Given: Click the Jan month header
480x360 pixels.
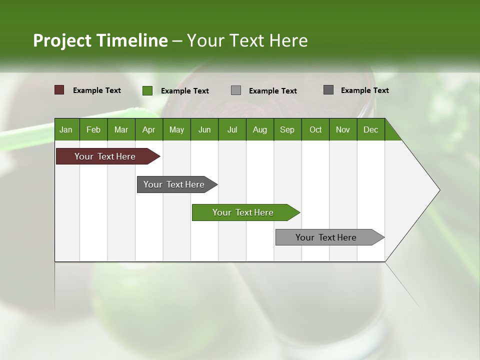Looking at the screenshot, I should [x=66, y=129].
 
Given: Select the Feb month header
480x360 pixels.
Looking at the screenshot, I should [x=93, y=129].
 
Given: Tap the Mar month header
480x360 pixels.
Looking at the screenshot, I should [x=121, y=129].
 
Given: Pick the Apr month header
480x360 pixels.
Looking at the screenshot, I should [x=149, y=129].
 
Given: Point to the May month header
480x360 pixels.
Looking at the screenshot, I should [x=176, y=129].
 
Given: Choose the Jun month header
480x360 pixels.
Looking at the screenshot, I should [x=204, y=129].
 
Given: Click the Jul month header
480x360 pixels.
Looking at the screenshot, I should [x=232, y=129].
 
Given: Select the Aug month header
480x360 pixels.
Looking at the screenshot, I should [x=260, y=129].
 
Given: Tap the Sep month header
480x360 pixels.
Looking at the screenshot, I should [x=287, y=129].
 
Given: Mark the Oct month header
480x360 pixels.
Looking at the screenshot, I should [x=315, y=129].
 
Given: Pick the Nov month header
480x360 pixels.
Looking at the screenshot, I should [x=343, y=129].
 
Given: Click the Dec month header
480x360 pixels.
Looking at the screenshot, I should [x=371, y=129].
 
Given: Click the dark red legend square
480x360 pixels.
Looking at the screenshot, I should [x=59, y=90].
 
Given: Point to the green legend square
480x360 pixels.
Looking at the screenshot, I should [x=147, y=90].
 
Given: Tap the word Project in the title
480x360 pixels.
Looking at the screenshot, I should [x=62, y=40].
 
